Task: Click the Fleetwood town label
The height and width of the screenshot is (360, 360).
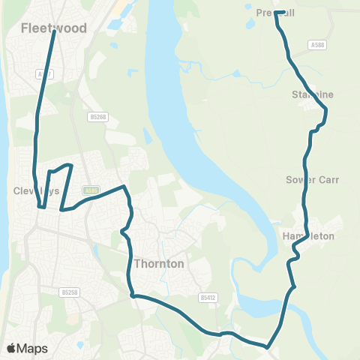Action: pyautogui.click(x=54, y=28)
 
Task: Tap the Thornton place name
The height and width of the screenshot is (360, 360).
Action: pyautogui.click(x=159, y=263)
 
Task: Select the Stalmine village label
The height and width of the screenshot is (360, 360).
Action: pyautogui.click(x=312, y=94)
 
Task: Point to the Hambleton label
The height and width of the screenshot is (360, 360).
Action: pyautogui.click(x=307, y=236)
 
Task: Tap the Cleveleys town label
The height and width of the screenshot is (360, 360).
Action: pyautogui.click(x=35, y=190)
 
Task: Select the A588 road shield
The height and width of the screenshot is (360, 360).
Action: pyautogui.click(x=316, y=45)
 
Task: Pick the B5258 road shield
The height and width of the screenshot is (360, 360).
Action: pyautogui.click(x=70, y=292)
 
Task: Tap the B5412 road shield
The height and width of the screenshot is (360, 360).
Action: pyautogui.click(x=208, y=298)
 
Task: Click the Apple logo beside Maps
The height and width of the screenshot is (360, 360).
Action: pyautogui.click(x=11, y=348)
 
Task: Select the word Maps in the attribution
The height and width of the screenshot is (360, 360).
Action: pyautogui.click(x=32, y=348)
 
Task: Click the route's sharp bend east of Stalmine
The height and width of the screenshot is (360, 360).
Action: pyautogui.click(x=326, y=111)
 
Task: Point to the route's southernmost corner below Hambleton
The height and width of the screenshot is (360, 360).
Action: pyautogui.click(x=268, y=346)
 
